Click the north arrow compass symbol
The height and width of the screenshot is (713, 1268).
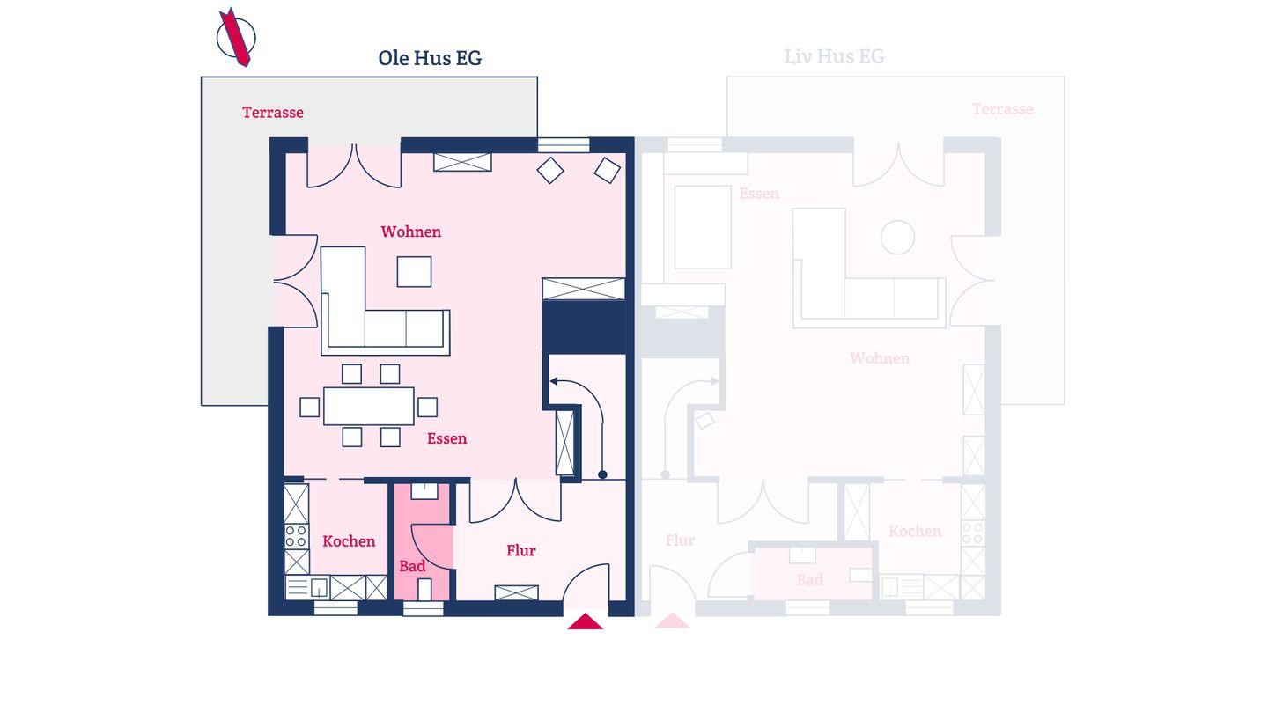(x=236, y=37)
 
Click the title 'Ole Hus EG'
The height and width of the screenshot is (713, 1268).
(x=430, y=58)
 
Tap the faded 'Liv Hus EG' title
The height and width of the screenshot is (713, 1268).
(x=834, y=56)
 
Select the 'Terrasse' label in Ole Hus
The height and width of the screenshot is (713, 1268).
(x=273, y=112)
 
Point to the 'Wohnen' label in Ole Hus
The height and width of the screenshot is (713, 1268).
(x=411, y=232)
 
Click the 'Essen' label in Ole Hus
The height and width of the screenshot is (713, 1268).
(x=446, y=438)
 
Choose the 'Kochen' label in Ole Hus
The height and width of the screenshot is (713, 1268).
(x=349, y=541)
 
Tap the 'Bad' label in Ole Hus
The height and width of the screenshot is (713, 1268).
(x=412, y=566)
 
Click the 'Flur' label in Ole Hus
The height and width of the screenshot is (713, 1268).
(x=520, y=550)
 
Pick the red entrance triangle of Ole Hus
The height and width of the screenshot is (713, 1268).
(x=586, y=621)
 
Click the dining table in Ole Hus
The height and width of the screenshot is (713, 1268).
(x=368, y=406)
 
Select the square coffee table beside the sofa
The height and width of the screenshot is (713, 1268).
(x=414, y=272)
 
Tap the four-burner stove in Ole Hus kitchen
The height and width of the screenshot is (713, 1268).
(x=296, y=536)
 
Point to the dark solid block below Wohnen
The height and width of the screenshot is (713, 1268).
(x=584, y=327)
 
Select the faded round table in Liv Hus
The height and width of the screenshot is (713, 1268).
(x=897, y=237)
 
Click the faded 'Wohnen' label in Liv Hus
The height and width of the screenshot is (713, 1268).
(x=879, y=358)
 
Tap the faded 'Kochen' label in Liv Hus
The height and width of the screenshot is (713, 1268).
(x=915, y=532)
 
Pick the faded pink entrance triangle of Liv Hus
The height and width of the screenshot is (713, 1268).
(x=672, y=621)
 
